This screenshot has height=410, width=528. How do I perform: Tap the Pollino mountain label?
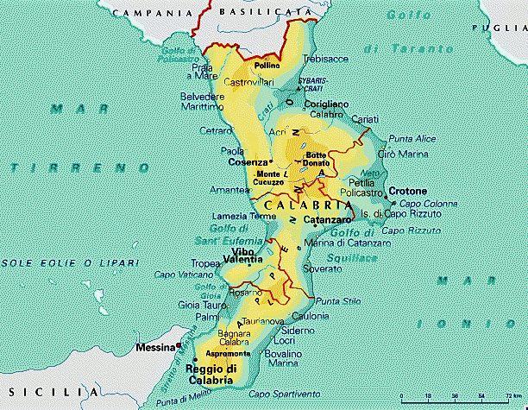click(x=266, y=65)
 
